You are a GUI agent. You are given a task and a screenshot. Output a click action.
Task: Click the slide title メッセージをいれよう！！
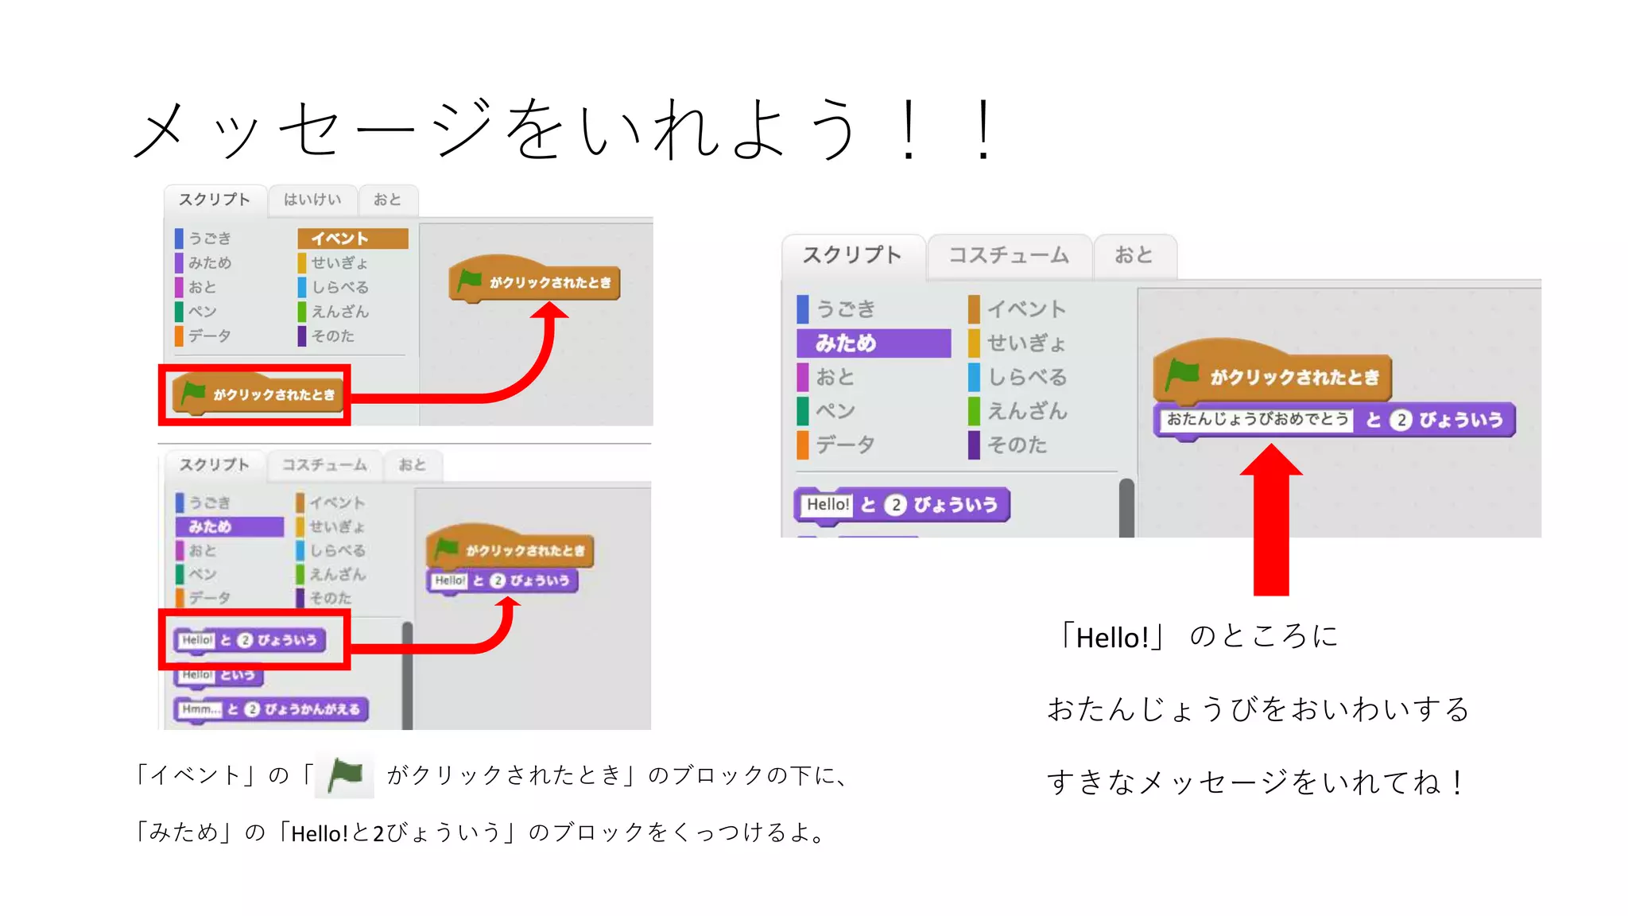[564, 129]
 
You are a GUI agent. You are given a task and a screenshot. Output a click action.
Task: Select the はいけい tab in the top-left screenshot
[312, 200]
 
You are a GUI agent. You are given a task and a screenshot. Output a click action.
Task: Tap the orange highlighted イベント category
[352, 239]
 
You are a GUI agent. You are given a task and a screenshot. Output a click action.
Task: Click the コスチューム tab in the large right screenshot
[1008, 255]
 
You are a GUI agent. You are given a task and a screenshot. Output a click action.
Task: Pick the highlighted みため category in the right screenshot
[873, 343]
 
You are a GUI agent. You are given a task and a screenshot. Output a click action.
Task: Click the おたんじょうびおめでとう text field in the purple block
[1257, 419]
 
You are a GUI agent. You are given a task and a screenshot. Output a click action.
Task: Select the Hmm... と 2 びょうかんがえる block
[270, 709]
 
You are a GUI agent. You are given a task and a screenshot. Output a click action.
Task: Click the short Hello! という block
[218, 675]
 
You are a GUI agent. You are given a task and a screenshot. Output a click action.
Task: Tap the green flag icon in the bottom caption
[345, 774]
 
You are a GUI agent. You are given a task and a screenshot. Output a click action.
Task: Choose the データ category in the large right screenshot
[845, 444]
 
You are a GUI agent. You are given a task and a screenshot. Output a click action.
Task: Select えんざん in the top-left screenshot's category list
[339, 312]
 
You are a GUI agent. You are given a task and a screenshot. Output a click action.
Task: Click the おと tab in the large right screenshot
[1134, 255]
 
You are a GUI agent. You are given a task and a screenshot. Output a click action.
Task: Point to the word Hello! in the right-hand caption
[1111, 638]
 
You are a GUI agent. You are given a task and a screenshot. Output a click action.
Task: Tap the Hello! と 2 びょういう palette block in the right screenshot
[901, 505]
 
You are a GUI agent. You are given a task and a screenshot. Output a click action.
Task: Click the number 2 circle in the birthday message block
[1401, 420]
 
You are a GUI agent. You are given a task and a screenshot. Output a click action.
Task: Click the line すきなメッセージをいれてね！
[1256, 782]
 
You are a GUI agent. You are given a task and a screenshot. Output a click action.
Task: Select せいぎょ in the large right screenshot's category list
[1025, 343]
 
